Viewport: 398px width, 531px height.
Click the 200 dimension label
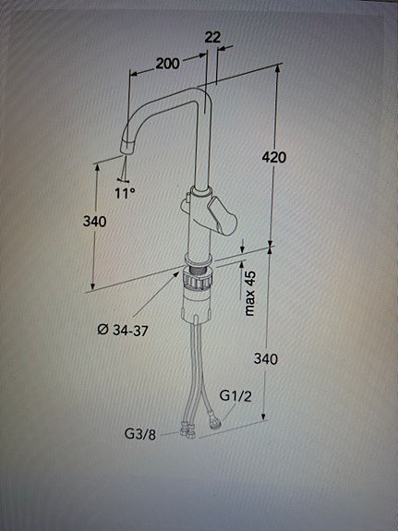167,64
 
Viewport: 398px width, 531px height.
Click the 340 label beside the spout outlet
94,222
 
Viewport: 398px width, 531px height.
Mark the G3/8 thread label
140,432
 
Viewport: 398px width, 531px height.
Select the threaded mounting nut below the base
197,273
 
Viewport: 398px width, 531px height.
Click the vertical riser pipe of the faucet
199,148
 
